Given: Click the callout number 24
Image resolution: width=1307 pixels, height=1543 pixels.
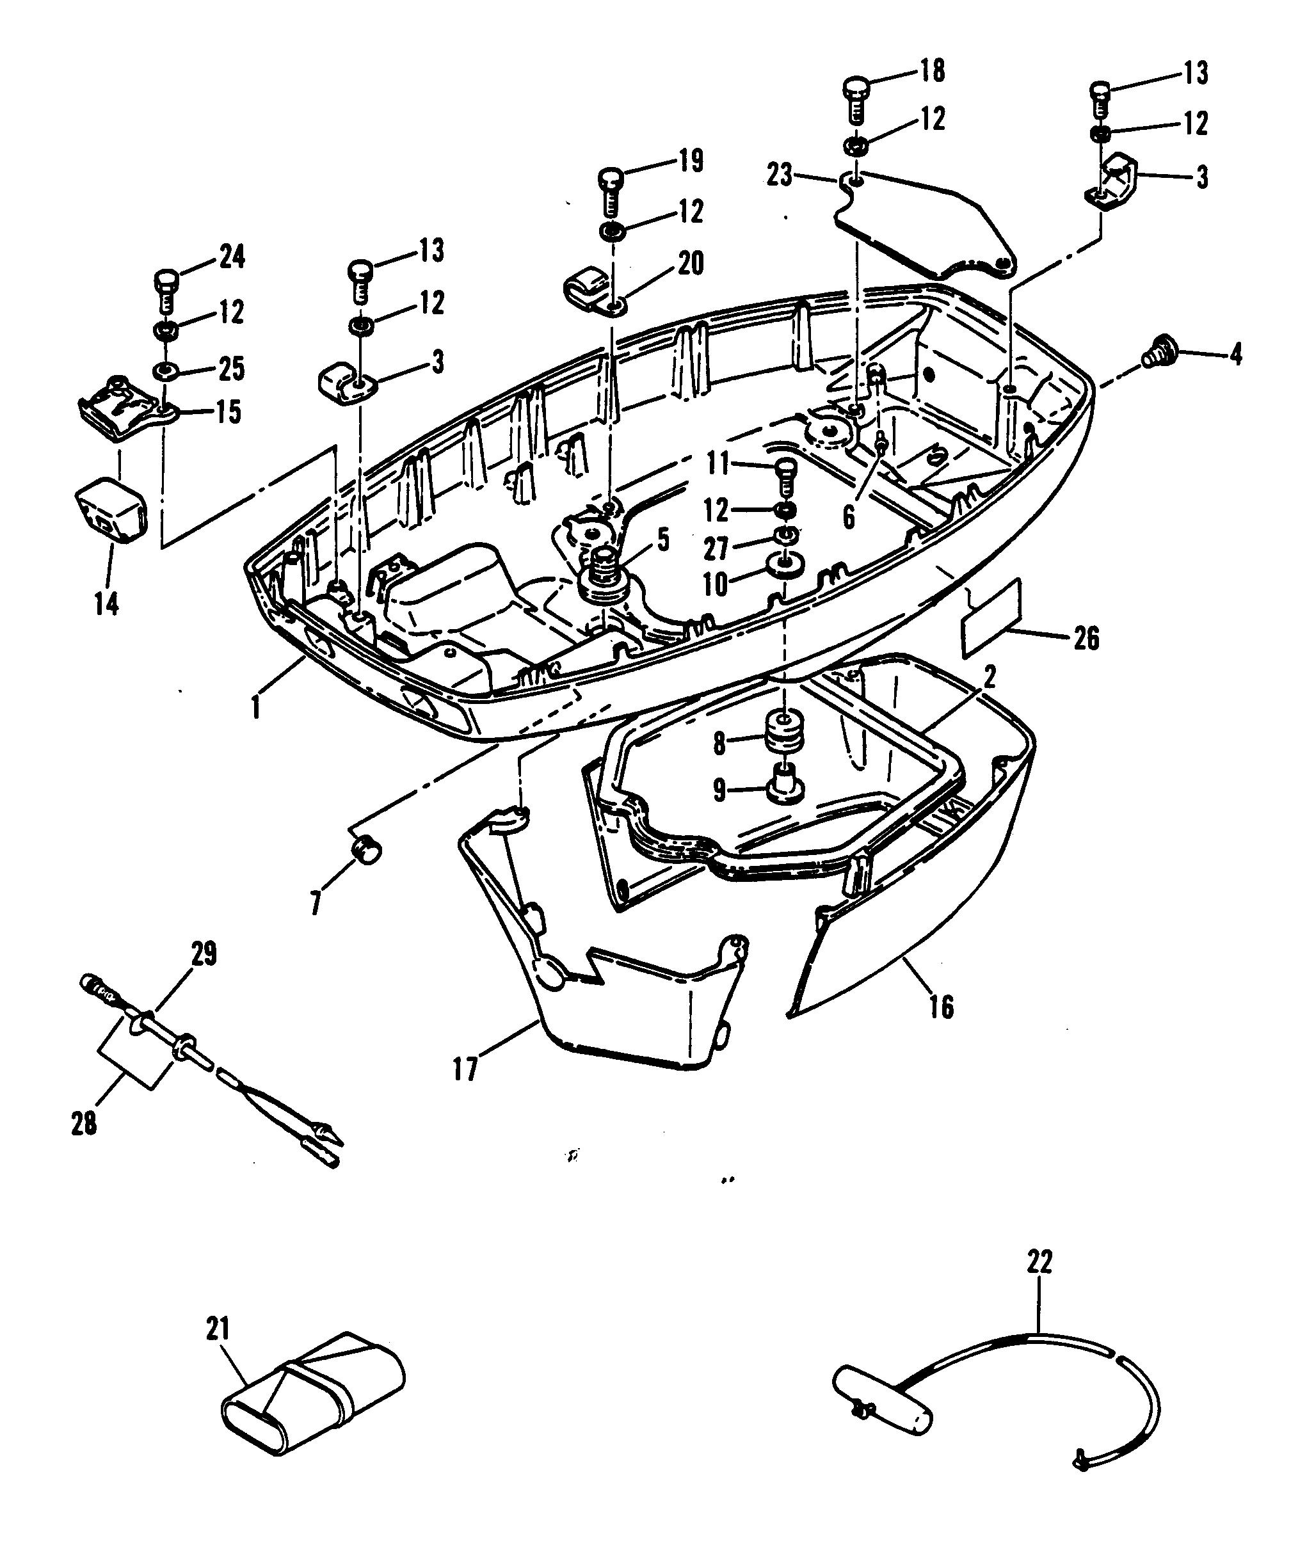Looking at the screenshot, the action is click(232, 257).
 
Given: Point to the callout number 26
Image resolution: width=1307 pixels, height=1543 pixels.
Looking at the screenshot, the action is click(1086, 639).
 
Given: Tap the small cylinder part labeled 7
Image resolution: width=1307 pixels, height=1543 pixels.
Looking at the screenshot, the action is click(367, 848).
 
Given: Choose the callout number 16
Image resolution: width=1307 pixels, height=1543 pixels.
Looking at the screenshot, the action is click(940, 1007).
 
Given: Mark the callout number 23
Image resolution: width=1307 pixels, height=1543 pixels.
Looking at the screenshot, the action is click(780, 177).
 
